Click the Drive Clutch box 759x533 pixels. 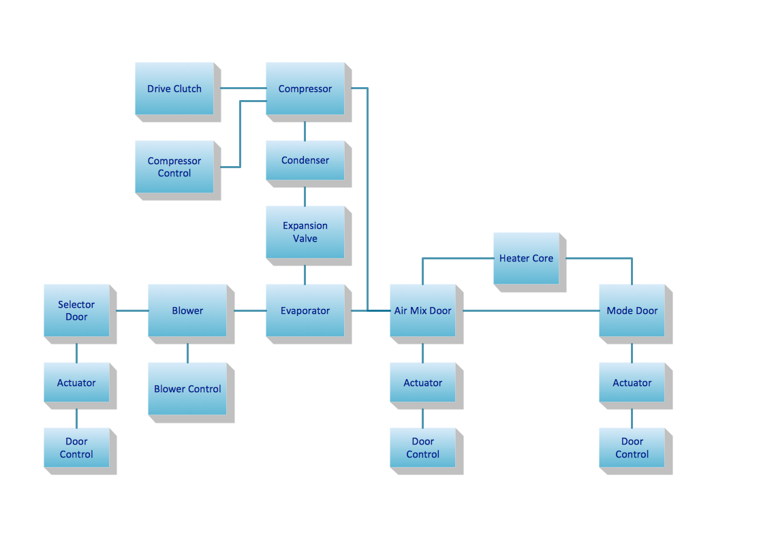tap(174, 88)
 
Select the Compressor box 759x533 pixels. tap(305, 88)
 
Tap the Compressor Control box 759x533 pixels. tap(174, 167)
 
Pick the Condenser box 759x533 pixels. tap(305, 161)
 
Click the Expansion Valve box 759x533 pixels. tap(305, 232)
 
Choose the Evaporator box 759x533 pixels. tap(305, 310)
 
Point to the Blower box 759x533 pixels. tap(187, 310)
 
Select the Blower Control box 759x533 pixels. tap(187, 389)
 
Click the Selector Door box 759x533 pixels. tap(76, 310)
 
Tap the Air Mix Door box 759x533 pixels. tap(422, 310)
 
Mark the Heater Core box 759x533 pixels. tap(526, 258)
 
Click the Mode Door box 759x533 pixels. tap(632, 310)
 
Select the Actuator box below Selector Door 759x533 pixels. tap(76, 383)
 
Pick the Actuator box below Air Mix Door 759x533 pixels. tap(422, 383)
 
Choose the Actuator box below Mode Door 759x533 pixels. tap(632, 383)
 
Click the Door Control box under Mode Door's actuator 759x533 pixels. tap(632, 448)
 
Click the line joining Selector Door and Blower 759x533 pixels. tap(132, 310)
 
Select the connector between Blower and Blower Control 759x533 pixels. tap(187, 353)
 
